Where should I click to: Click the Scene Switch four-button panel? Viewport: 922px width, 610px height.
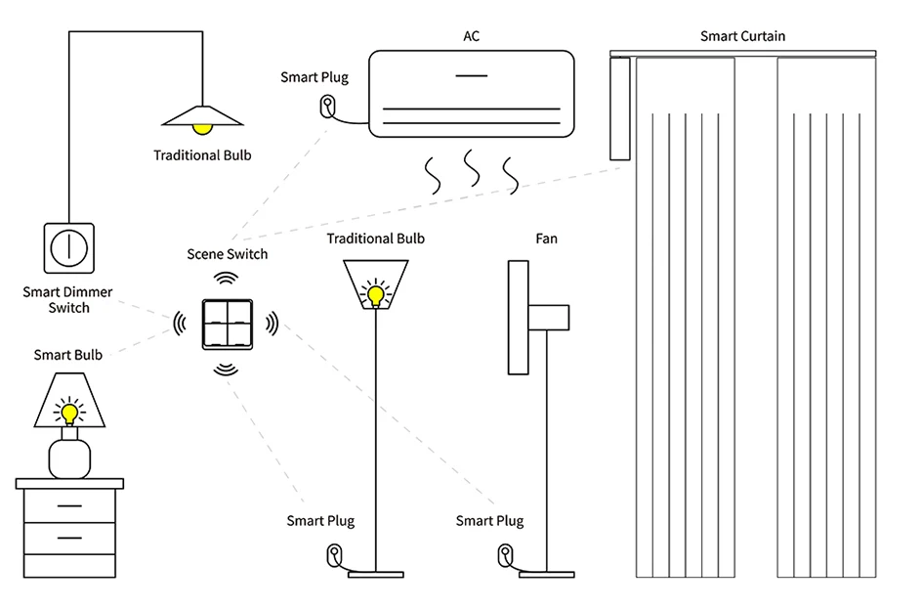228,325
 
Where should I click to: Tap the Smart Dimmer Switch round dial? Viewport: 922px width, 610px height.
68,248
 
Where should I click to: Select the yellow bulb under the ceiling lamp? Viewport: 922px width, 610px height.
202,129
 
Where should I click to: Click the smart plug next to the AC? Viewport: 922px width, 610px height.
327,108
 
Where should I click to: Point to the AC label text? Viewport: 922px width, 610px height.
471,36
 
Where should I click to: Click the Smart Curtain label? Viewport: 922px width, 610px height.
742,36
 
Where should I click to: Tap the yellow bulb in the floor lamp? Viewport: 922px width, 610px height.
376,294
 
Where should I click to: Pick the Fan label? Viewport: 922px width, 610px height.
546,239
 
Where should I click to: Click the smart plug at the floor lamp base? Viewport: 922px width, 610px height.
334,555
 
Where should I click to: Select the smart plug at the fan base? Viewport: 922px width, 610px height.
505,555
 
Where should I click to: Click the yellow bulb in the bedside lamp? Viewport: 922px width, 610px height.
69,414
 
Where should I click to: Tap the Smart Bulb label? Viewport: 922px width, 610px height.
68,355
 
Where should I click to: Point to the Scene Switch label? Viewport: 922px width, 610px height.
227,254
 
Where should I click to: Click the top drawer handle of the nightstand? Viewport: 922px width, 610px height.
69,505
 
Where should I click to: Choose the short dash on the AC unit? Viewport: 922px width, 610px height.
472,75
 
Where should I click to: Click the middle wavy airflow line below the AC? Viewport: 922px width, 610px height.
472,167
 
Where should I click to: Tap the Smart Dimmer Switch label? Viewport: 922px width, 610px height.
67,300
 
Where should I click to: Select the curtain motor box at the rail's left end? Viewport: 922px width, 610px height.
620,109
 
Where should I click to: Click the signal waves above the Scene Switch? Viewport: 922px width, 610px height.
227,278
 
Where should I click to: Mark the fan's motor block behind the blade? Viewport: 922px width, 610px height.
549,318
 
